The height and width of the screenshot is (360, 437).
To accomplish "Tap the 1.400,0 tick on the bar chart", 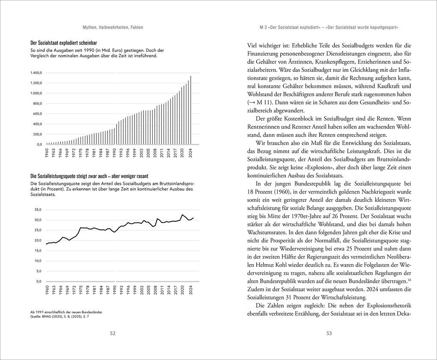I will (x=36, y=73).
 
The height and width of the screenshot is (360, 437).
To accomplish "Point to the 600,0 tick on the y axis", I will (x=37, y=114).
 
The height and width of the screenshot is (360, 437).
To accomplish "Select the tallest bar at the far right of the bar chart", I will (x=191, y=110).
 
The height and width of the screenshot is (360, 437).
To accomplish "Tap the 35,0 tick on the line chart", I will (x=38, y=210).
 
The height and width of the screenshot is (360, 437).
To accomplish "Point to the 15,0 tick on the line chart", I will (x=38, y=250).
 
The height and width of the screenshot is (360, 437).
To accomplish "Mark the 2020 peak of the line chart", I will (x=183, y=214).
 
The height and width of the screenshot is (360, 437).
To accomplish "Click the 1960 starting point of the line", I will (x=47, y=244).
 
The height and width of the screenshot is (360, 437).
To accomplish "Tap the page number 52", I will (x=113, y=333).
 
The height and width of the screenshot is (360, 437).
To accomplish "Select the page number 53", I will (x=329, y=333).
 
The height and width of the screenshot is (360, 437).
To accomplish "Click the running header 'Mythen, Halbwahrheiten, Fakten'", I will (x=113, y=27).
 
